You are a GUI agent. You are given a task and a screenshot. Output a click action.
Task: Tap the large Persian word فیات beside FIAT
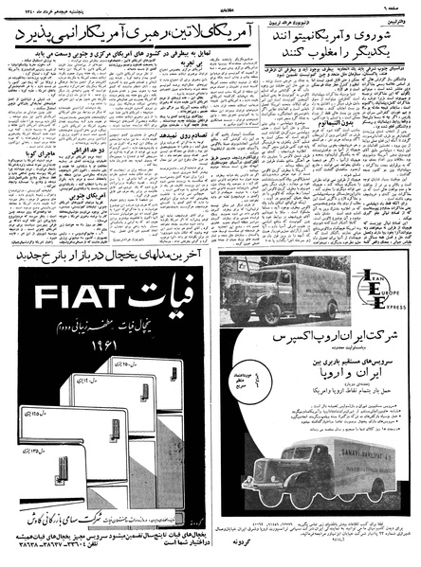pyautogui.click(x=158, y=301)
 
